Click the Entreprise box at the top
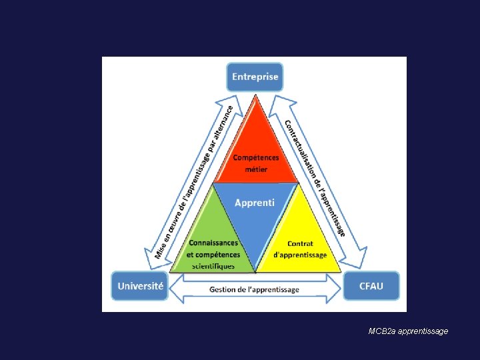(255, 77)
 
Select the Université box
(140, 286)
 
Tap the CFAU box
(371, 286)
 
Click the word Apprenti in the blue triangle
(254, 203)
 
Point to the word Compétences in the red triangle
(255, 157)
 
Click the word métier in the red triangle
(255, 169)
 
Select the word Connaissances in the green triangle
(213, 243)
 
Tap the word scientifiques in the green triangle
(213, 266)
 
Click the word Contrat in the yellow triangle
(300, 243)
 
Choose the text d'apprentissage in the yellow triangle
(300, 255)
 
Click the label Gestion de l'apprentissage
(254, 289)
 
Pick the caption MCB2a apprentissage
(408, 331)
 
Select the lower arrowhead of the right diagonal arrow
(356, 257)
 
